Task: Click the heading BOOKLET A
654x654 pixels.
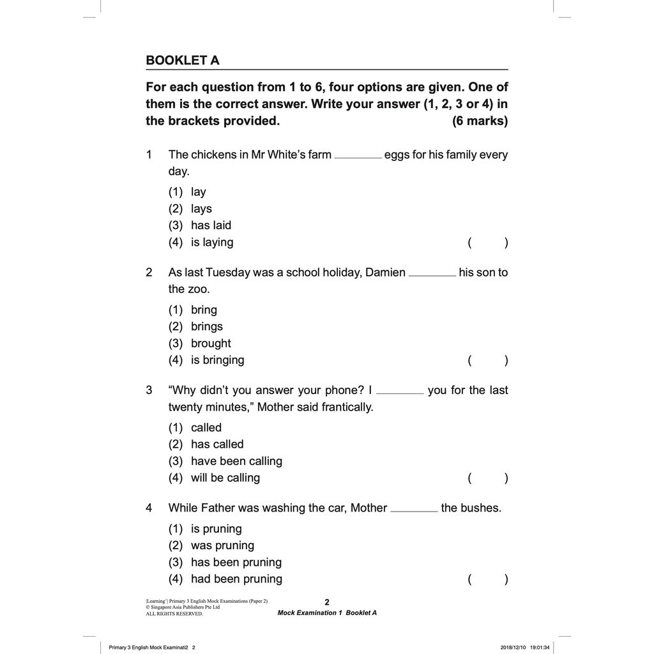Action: (x=183, y=61)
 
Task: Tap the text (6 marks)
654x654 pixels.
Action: (x=480, y=121)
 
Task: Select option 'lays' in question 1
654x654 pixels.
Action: (x=201, y=209)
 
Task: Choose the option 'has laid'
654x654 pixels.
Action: (x=211, y=225)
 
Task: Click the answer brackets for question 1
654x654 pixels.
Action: (x=488, y=243)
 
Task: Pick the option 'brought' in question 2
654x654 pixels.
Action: (x=211, y=344)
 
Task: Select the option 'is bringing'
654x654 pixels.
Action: (x=217, y=360)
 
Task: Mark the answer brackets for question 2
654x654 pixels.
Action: (x=488, y=360)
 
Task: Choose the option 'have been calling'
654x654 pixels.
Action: (x=236, y=461)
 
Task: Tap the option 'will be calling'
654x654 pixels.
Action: (x=225, y=478)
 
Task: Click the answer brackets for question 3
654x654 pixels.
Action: (x=488, y=478)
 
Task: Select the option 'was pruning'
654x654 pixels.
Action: (x=222, y=545)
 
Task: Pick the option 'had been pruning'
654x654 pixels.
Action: (x=236, y=579)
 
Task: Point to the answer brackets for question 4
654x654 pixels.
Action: (x=488, y=579)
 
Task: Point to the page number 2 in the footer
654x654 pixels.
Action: (x=327, y=602)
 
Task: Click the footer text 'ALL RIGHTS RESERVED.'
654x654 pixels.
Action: (x=174, y=614)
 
